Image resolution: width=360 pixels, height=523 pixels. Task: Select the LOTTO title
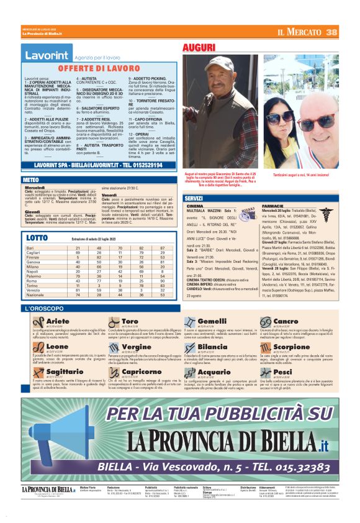click(37, 238)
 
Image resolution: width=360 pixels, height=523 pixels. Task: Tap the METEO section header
click(30, 179)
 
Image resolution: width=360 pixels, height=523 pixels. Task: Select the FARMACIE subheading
click(273, 205)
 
